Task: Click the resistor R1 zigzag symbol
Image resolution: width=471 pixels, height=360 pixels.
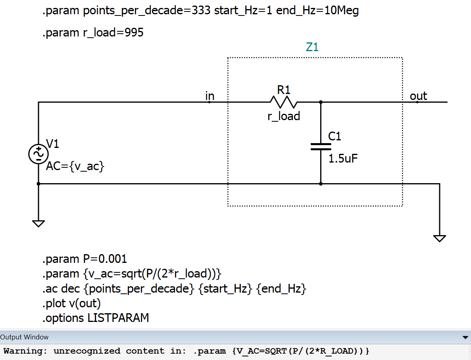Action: [284, 102]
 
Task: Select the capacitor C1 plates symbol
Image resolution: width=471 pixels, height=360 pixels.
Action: [321, 147]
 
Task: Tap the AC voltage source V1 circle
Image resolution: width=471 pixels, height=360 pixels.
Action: [38, 154]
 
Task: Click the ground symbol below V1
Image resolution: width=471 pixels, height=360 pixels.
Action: [38, 223]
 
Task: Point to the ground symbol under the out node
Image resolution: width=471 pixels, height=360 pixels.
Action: [440, 238]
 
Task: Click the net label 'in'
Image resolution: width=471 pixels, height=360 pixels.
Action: [210, 96]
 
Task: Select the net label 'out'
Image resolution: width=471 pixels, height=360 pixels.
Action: [418, 96]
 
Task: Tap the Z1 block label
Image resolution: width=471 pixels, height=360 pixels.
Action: [312, 47]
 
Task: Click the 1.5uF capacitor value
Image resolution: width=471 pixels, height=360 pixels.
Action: [343, 159]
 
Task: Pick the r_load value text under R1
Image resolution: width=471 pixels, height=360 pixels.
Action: [284, 116]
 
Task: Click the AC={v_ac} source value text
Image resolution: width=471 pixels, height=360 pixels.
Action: [75, 166]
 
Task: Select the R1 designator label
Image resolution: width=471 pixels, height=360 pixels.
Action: [284, 90]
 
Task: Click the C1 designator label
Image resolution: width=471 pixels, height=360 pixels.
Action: [335, 136]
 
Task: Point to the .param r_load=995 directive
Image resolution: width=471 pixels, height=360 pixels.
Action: [93, 33]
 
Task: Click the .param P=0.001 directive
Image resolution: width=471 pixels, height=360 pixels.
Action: [85, 259]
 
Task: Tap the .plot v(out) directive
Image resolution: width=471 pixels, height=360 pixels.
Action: [71, 303]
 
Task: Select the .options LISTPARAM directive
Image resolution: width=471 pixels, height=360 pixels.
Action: [96, 318]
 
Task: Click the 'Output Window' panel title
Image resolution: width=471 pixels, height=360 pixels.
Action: [24, 337]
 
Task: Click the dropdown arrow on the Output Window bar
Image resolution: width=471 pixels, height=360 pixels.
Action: [465, 337]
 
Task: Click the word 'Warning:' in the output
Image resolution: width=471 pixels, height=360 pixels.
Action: [25, 351]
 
